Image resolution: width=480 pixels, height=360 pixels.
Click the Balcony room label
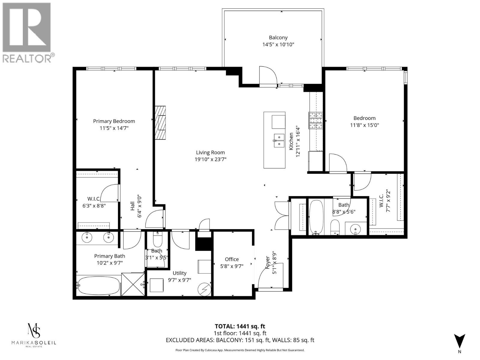click(x=278, y=38)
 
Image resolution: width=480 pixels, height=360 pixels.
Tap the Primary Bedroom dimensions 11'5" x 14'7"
click(x=114, y=128)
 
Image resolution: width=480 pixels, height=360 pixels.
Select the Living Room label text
click(x=210, y=152)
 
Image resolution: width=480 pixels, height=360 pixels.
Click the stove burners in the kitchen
click(x=316, y=120)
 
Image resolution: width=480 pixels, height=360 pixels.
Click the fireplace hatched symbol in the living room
click(x=160, y=123)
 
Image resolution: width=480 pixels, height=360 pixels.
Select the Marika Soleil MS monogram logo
click(x=34, y=331)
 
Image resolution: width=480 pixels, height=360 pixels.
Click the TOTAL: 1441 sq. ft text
click(x=240, y=326)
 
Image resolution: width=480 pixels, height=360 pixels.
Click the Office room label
click(x=232, y=259)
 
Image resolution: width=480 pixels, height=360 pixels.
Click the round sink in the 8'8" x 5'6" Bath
click(x=355, y=229)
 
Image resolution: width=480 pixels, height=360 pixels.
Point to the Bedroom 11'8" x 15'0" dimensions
click(x=364, y=125)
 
